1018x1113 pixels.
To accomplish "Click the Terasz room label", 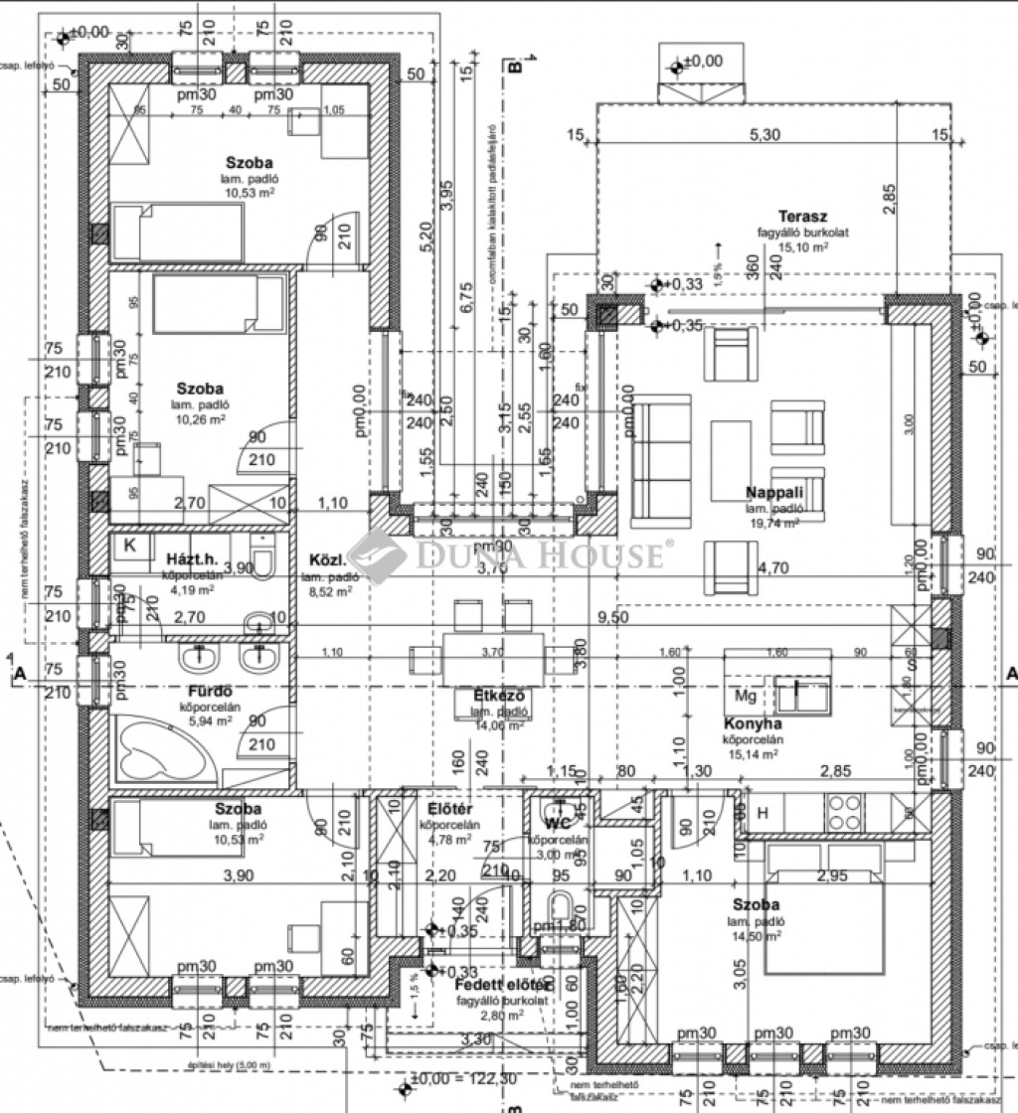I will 802,217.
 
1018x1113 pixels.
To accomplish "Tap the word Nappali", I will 774,492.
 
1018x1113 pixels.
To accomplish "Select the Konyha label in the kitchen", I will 754,724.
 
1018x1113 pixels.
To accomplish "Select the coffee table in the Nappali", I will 732,458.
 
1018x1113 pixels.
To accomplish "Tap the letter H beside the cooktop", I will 763,812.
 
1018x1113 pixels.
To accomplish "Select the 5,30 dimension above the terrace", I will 763,135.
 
